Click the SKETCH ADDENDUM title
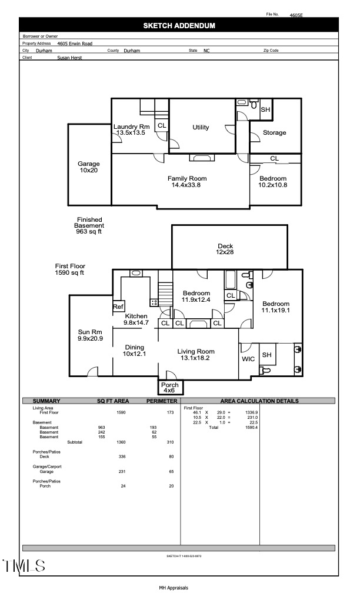pos(179,25)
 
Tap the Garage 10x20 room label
pos(89,167)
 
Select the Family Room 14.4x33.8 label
pos(187,182)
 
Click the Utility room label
pos(201,127)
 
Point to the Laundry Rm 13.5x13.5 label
pos(131,129)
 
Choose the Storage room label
pos(274,132)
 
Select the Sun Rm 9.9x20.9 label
pos(90,335)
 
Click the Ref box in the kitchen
pos(118,307)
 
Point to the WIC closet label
pos(248,358)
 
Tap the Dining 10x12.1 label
pos(134,351)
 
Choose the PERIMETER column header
pos(162,401)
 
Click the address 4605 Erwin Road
pos(75,44)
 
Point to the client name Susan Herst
pos(70,58)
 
